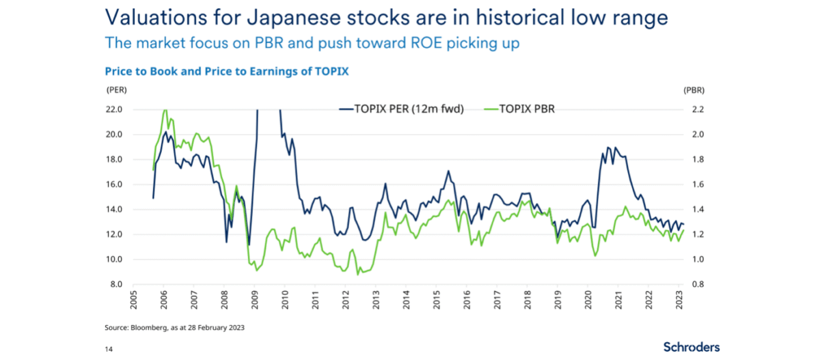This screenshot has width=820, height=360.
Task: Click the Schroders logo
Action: pyautogui.click(x=692, y=347)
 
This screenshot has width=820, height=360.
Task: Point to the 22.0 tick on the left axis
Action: pyautogui.click(x=113, y=109)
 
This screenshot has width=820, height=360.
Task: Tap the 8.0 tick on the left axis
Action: pyautogui.click(x=115, y=284)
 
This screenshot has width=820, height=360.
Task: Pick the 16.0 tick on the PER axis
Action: pyautogui.click(x=113, y=184)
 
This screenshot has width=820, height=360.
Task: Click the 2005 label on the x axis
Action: pyautogui.click(x=134, y=300)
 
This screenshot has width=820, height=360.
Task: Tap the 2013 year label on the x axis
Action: pyautogui.click(x=376, y=300)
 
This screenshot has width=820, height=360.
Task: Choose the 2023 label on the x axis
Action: pyautogui.click(x=679, y=300)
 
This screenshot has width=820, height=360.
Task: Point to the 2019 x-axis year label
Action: pyautogui.click(x=558, y=300)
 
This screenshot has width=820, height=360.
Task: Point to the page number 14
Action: pyautogui.click(x=109, y=349)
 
